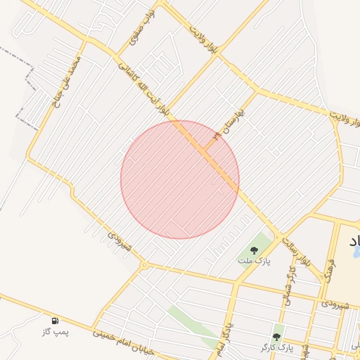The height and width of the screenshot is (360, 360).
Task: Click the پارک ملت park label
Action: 254,262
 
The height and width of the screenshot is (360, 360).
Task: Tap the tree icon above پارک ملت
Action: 254,250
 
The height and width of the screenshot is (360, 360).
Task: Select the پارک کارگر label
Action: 275,347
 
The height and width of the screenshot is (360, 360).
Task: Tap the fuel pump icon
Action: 56,321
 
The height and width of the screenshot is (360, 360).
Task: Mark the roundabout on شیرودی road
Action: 143,265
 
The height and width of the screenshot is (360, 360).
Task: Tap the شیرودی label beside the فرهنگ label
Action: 335,304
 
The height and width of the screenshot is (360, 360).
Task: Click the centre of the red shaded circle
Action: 180,179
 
